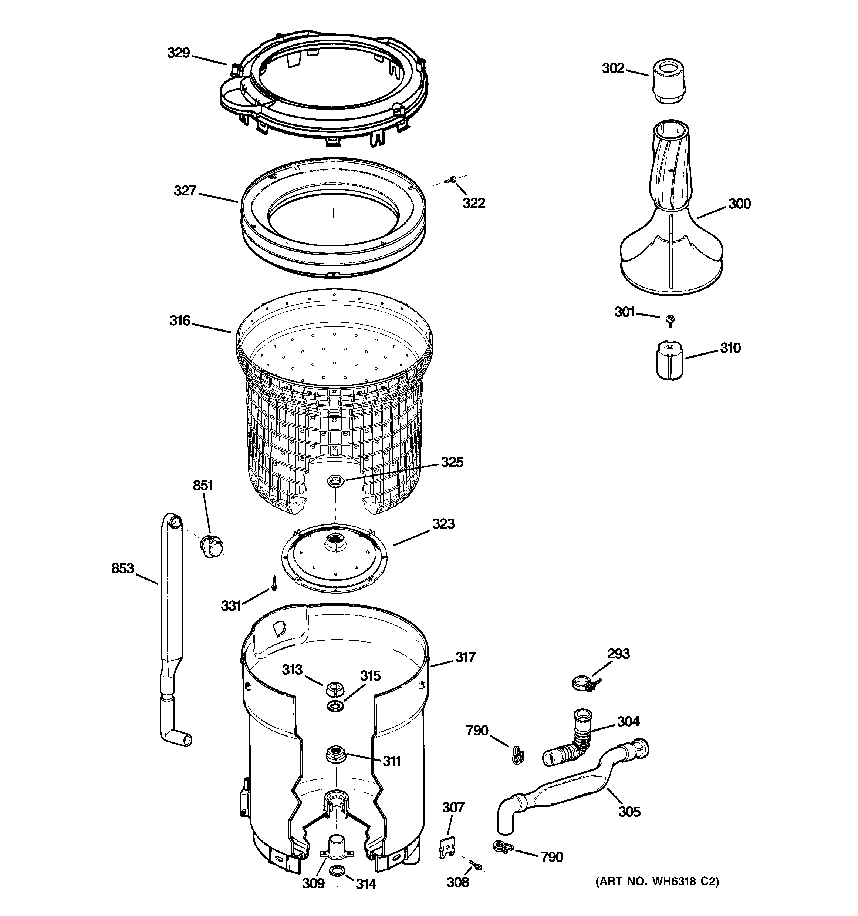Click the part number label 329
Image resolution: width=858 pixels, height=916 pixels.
pos(178,53)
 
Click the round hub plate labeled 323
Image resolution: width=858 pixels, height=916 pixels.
pos(334,557)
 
